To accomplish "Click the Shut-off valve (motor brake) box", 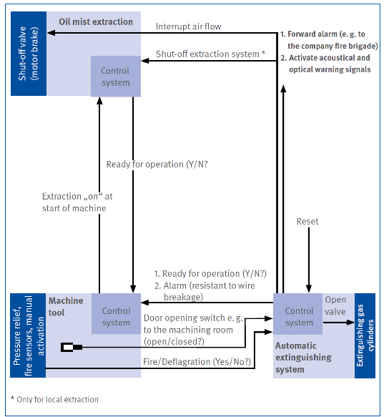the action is click(x=29, y=54).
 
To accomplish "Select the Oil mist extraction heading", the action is click(x=96, y=21).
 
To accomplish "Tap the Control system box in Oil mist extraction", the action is click(x=116, y=77).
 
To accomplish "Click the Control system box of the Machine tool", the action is click(x=117, y=314).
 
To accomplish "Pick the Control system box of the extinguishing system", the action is click(x=298, y=314).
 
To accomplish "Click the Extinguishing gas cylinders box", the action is click(x=365, y=335).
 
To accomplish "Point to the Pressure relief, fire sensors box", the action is click(x=28, y=335).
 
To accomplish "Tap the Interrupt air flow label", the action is click(x=188, y=26).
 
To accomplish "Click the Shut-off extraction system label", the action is click(x=210, y=54).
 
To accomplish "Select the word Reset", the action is click(x=307, y=222).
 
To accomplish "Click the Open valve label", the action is click(x=335, y=305).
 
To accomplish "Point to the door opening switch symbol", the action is click(x=72, y=348).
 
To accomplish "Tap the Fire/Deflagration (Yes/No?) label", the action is click(x=197, y=362).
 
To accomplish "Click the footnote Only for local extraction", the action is click(x=54, y=399).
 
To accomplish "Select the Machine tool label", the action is click(x=66, y=307).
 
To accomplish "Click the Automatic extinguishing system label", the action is click(x=303, y=358).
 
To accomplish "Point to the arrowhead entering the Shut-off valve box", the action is click(x=51, y=33).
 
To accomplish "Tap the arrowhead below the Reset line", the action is click(x=309, y=288).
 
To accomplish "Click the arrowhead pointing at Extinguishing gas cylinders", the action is click(x=351, y=323).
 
